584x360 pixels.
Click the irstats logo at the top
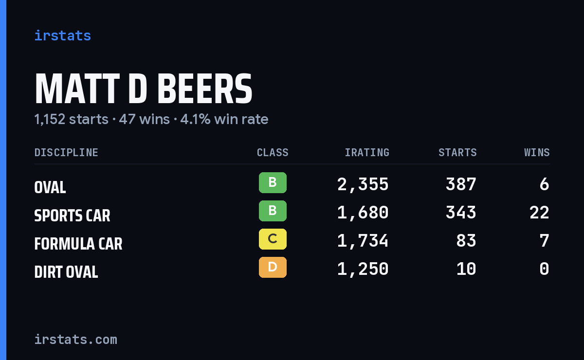[x=63, y=36]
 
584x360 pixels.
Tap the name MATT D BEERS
[x=144, y=89]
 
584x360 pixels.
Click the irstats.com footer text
[x=76, y=340]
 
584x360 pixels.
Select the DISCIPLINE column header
[x=66, y=152]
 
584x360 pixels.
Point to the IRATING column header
[x=367, y=152]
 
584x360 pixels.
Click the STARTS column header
[x=457, y=152]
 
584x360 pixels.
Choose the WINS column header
[x=537, y=152]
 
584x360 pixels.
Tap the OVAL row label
[x=50, y=187]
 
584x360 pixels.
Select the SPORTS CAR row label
[x=72, y=216]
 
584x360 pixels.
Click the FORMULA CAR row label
[x=78, y=244]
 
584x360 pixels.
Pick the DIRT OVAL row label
[x=66, y=272]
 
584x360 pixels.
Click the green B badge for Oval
[x=273, y=182]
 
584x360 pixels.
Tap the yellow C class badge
[x=273, y=239]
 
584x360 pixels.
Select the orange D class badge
[x=273, y=267]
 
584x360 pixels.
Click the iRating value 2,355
[x=363, y=184]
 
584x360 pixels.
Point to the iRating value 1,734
[x=363, y=241]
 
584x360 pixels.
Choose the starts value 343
[x=461, y=213]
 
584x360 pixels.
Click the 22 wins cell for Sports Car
[x=539, y=213]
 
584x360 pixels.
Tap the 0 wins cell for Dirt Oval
[x=545, y=269]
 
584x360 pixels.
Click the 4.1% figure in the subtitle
[x=195, y=119]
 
